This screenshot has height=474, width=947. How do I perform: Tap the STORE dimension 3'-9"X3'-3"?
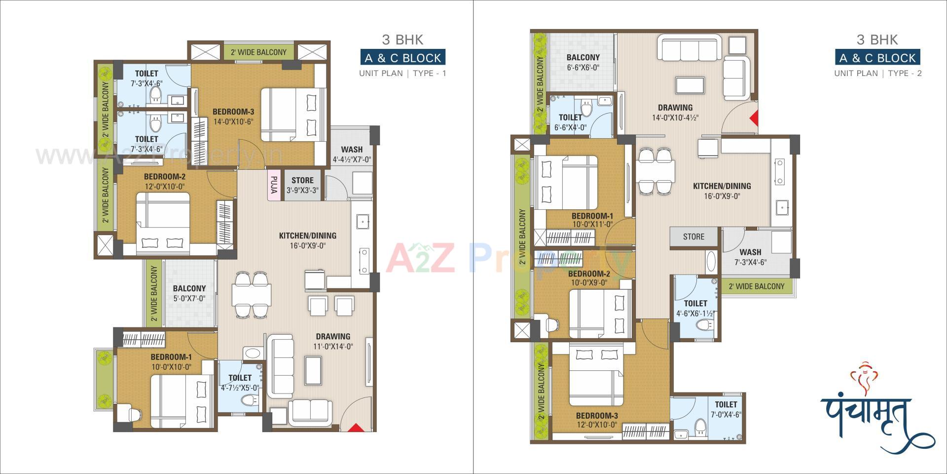click(302, 190)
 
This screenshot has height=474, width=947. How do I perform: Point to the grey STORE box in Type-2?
click(693, 237)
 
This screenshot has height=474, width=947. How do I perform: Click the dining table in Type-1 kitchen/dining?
click(252, 294)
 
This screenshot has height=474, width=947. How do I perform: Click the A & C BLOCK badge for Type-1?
click(403, 58)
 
